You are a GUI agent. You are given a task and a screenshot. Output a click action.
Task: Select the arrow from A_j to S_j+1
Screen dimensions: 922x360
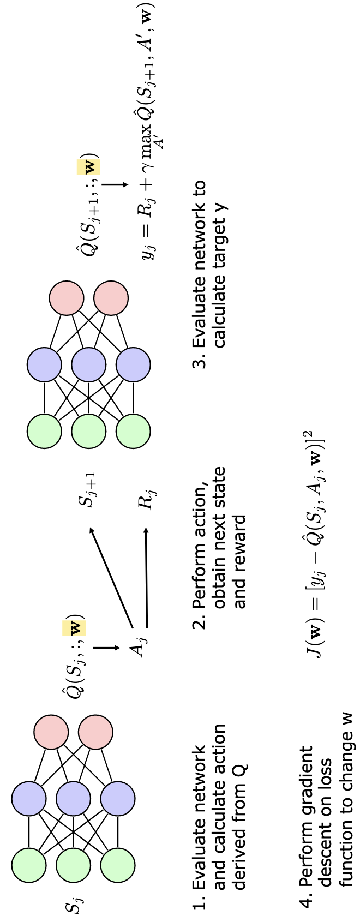point(111,576)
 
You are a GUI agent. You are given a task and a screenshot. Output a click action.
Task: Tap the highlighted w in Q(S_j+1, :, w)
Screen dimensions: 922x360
point(90,166)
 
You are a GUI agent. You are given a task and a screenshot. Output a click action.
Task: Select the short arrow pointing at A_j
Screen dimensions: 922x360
point(106,648)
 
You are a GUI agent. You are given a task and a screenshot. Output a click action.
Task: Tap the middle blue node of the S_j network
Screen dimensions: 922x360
point(73,798)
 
